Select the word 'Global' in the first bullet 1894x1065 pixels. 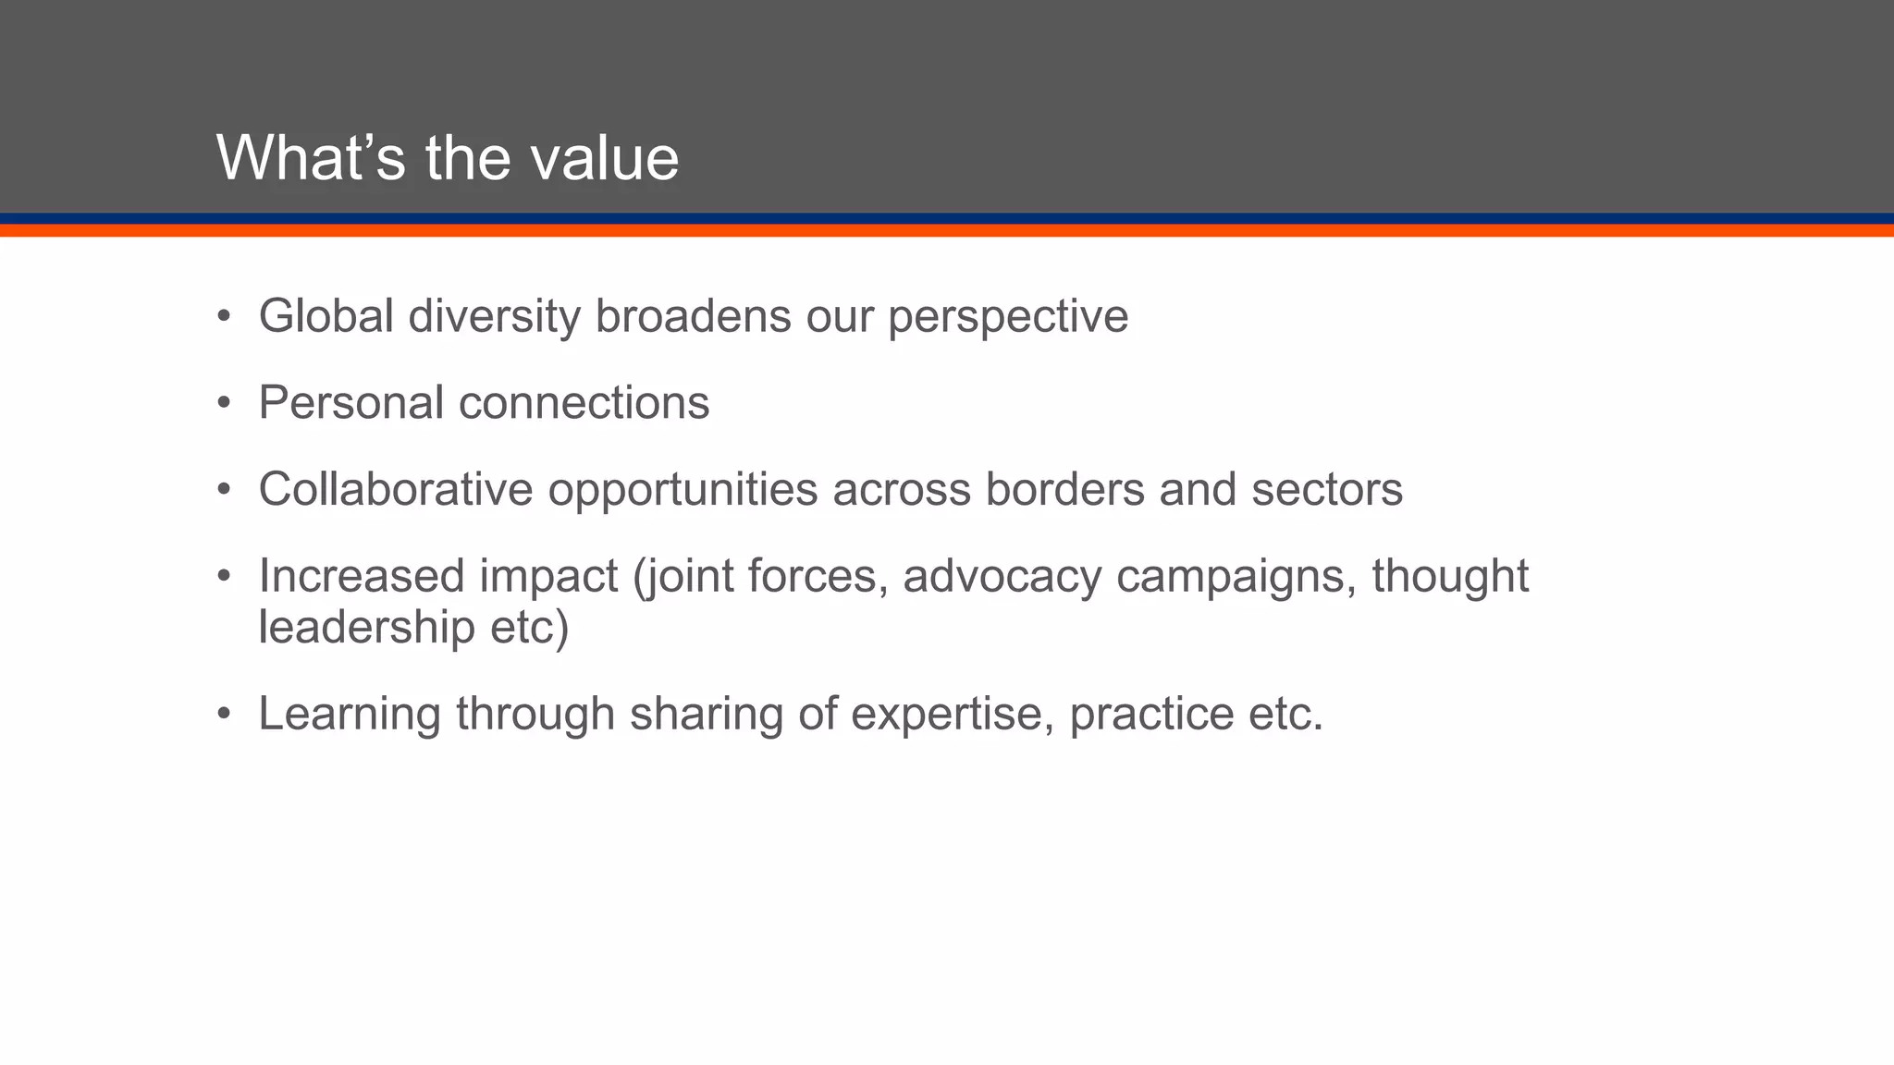pos(326,316)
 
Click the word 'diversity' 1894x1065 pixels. pos(494,316)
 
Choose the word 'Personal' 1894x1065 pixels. pos(351,403)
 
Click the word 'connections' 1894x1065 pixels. pos(584,403)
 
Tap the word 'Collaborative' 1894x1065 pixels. pos(396,489)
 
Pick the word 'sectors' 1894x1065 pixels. pos(1327,489)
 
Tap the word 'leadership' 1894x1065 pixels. pos(366,627)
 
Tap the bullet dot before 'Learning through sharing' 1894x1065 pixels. pos(223,715)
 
